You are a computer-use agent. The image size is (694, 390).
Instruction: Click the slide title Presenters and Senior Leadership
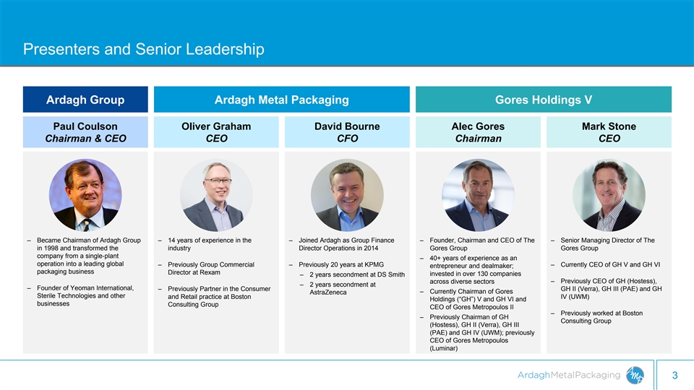[143, 49]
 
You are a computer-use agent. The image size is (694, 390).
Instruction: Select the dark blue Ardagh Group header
[85, 100]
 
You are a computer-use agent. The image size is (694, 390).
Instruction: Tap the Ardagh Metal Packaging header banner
[281, 100]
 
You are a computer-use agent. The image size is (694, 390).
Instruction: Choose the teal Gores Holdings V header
[544, 100]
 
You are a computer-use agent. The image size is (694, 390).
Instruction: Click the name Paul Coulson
[85, 126]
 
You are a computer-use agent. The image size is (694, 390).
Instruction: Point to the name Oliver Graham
[216, 126]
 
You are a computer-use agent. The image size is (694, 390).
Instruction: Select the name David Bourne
[347, 126]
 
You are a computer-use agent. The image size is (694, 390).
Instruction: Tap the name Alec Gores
[478, 126]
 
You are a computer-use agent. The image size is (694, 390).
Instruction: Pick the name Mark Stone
[609, 126]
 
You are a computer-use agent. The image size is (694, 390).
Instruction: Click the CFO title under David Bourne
[348, 139]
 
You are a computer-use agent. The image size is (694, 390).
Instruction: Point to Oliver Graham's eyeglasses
[218, 181]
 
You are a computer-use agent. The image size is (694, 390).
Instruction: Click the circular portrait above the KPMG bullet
[347, 195]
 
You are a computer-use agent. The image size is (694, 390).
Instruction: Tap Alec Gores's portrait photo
[478, 195]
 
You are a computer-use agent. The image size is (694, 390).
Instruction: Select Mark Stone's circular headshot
[609, 195]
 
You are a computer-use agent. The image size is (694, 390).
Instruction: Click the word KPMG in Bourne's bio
[374, 264]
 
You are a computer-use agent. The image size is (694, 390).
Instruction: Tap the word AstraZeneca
[328, 292]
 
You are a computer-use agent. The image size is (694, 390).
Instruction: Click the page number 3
[675, 376]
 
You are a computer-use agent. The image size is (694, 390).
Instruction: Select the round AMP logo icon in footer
[635, 376]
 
